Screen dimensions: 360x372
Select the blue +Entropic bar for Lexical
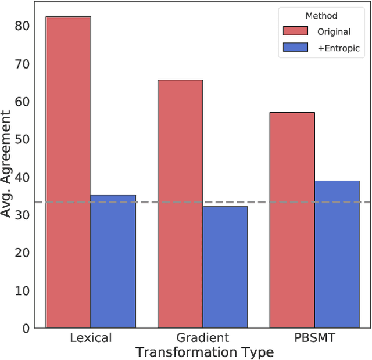(113, 261)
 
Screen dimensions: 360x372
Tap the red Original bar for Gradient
(180, 204)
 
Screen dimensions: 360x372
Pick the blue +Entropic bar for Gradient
(225, 267)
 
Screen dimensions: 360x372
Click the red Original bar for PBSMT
(292, 220)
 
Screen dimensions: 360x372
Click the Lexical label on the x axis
(91, 337)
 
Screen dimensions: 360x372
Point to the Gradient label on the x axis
(203, 337)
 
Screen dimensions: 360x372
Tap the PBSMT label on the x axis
(314, 337)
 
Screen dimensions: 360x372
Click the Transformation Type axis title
(204, 352)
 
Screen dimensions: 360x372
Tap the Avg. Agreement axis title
(8, 168)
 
